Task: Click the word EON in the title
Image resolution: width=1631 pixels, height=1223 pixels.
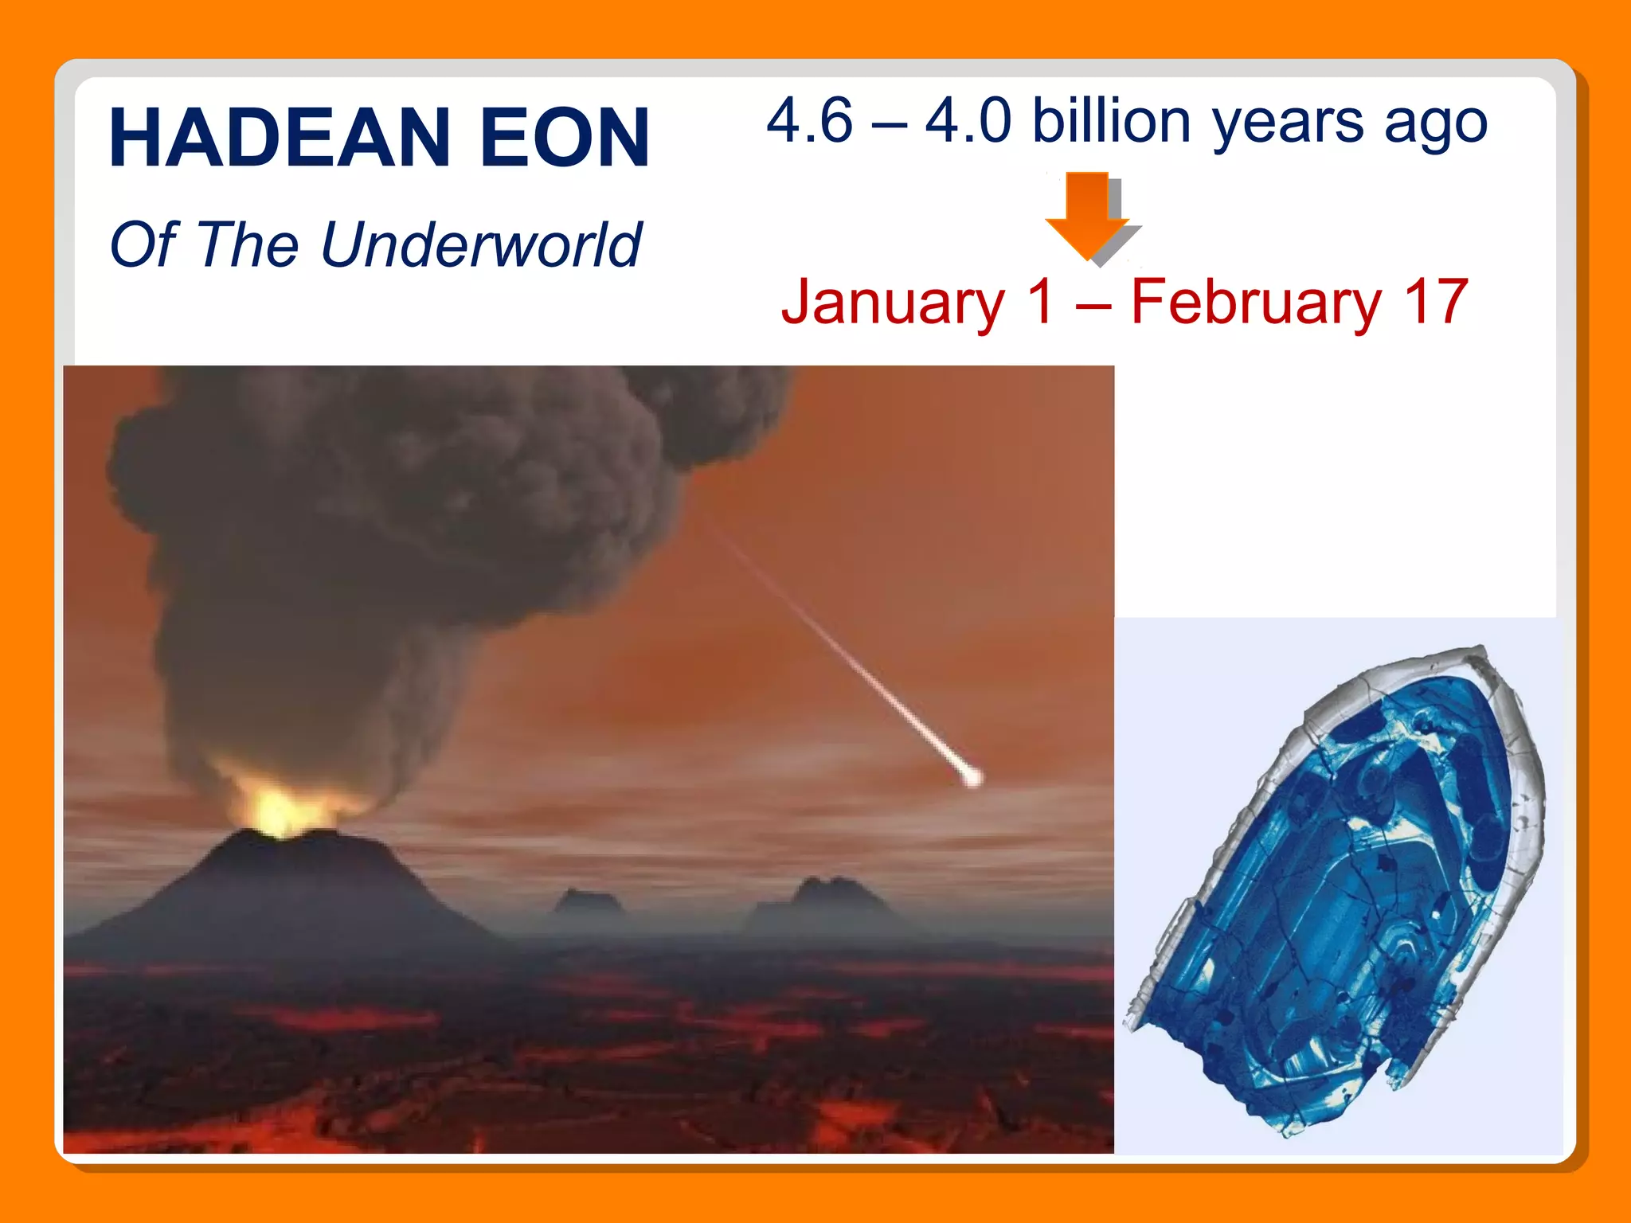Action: click(x=565, y=139)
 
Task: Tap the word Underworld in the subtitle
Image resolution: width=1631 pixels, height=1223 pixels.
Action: click(x=481, y=244)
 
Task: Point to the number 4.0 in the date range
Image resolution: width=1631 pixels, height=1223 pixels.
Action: click(x=968, y=121)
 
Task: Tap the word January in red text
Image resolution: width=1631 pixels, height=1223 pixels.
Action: click(x=893, y=303)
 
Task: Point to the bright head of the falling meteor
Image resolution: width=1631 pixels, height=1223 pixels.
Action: click(x=971, y=777)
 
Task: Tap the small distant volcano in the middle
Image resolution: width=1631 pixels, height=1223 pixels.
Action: click(x=588, y=901)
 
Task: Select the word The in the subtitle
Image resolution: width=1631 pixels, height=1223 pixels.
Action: click(x=247, y=244)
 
